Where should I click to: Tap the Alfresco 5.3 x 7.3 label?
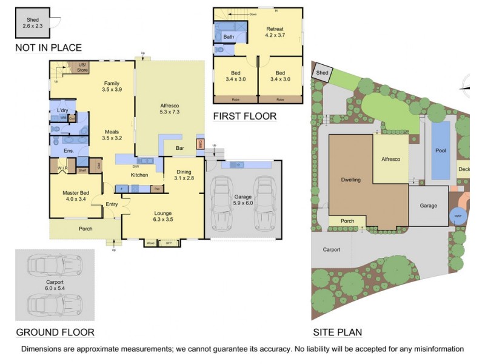[169, 108]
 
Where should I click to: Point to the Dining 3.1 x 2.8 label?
[183, 175]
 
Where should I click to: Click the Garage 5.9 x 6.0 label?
[242, 200]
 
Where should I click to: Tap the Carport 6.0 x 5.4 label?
[55, 286]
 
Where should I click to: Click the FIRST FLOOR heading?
[244, 116]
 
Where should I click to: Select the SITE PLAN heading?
[337, 332]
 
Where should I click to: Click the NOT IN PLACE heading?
[48, 48]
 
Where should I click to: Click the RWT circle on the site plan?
[458, 216]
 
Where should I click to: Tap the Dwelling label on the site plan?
[350, 180]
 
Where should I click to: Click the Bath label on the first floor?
[229, 37]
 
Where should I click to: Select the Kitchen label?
[139, 175]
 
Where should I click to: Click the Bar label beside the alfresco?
[179, 147]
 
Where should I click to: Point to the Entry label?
[112, 204]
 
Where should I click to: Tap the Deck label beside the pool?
[464, 170]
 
